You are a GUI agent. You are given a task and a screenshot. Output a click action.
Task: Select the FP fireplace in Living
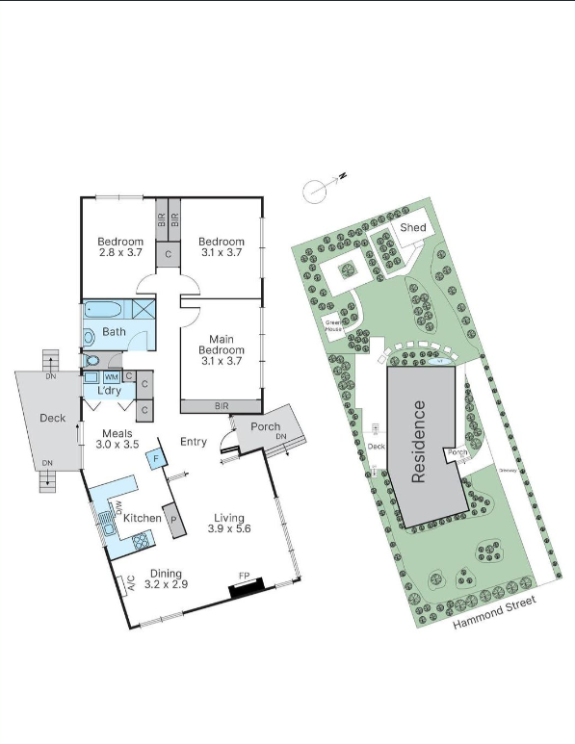pyautogui.click(x=246, y=583)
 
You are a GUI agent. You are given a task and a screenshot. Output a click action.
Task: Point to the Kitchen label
pyautogui.click(x=142, y=518)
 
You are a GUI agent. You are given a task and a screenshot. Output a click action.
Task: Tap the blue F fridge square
pyautogui.click(x=155, y=460)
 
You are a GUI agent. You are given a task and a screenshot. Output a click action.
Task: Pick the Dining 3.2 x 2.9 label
pyautogui.click(x=165, y=577)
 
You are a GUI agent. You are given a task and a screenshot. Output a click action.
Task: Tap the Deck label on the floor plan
pyautogui.click(x=52, y=418)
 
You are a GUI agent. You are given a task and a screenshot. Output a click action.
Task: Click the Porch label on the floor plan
pyautogui.click(x=265, y=427)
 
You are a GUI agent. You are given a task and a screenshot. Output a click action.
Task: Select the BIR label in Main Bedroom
pyautogui.click(x=222, y=406)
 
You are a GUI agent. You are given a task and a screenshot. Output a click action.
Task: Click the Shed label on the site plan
pyautogui.click(x=413, y=228)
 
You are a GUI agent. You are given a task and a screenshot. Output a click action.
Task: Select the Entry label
pyautogui.click(x=194, y=442)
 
